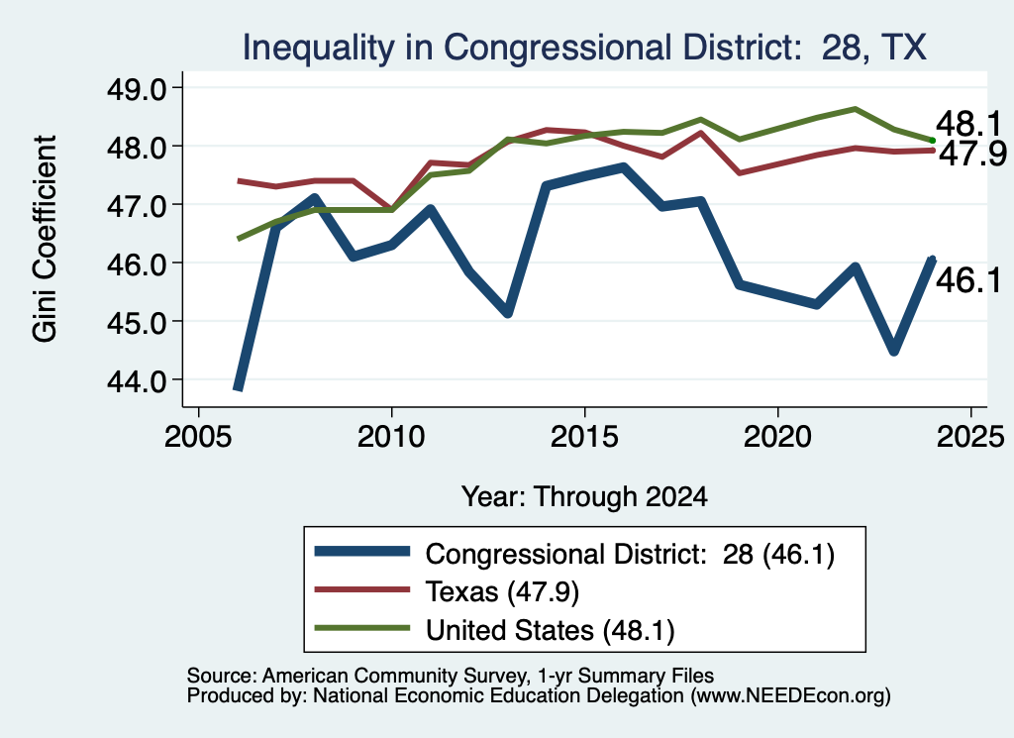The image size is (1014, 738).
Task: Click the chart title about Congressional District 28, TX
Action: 584,48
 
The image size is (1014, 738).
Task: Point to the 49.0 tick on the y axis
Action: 137,88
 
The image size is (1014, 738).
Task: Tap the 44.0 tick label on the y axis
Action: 137,381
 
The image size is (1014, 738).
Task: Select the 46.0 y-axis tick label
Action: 137,264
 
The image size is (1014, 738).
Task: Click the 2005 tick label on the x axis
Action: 198,436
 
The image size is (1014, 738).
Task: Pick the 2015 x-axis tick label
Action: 584,436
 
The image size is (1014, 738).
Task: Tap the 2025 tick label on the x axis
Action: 970,436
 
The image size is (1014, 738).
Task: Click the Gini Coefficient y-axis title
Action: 45,239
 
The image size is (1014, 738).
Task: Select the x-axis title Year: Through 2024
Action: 584,496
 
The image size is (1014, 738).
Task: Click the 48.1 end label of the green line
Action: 968,123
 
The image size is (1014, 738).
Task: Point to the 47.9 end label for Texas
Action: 972,154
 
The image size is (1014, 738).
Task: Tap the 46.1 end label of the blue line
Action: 968,280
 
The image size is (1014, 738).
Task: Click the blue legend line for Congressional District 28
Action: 362,551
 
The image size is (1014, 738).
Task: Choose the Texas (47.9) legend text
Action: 502,591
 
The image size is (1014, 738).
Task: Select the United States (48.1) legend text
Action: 551,630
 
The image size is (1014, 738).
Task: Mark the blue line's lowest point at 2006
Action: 238,387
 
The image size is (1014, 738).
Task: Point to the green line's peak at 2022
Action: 856,109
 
